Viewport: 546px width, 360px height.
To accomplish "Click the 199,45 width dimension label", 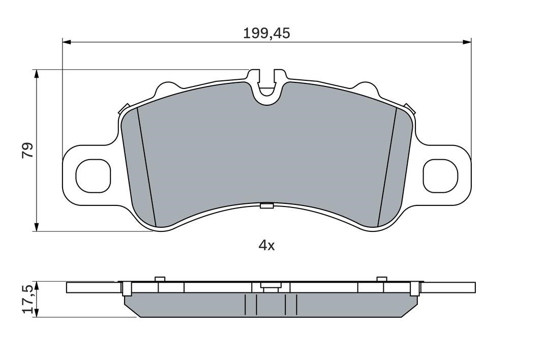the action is click(x=266, y=34).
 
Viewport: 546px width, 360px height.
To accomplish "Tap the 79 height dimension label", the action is click(x=28, y=150).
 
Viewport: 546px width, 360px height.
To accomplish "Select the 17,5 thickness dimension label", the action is click(x=28, y=299).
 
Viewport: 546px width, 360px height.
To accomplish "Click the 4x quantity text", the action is click(x=266, y=246).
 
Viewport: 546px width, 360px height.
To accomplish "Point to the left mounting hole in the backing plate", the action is click(x=93, y=176).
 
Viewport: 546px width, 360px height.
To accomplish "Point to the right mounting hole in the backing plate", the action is click(x=440, y=175).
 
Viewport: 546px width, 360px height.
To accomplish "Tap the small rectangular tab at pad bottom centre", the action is click(x=267, y=206).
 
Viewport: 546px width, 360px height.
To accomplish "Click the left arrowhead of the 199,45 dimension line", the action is click(x=67, y=42).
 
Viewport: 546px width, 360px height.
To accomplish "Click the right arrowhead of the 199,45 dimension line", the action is click(x=467, y=42).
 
